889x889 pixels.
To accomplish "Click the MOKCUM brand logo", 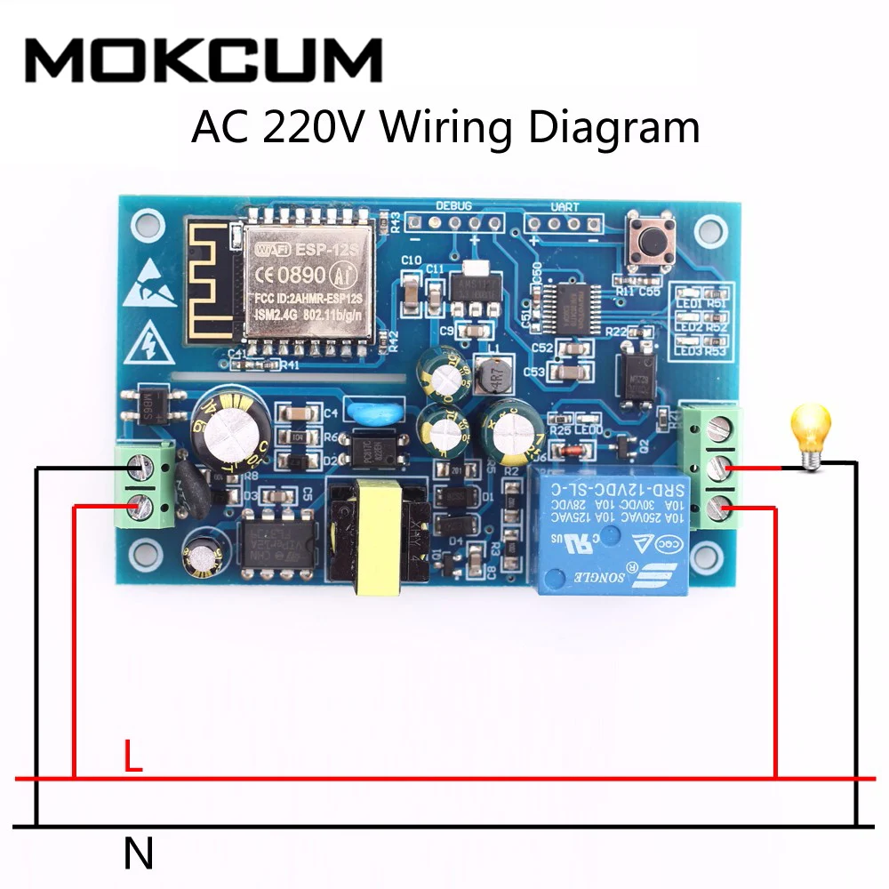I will (x=204, y=60).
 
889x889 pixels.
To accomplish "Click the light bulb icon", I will (x=811, y=432).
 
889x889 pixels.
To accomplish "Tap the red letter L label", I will (x=132, y=757).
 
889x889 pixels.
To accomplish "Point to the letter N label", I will (x=138, y=854).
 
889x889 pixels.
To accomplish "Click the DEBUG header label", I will (x=454, y=205).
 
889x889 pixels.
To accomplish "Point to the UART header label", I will (x=565, y=206).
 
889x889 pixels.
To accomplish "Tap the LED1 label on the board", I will (x=689, y=304).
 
